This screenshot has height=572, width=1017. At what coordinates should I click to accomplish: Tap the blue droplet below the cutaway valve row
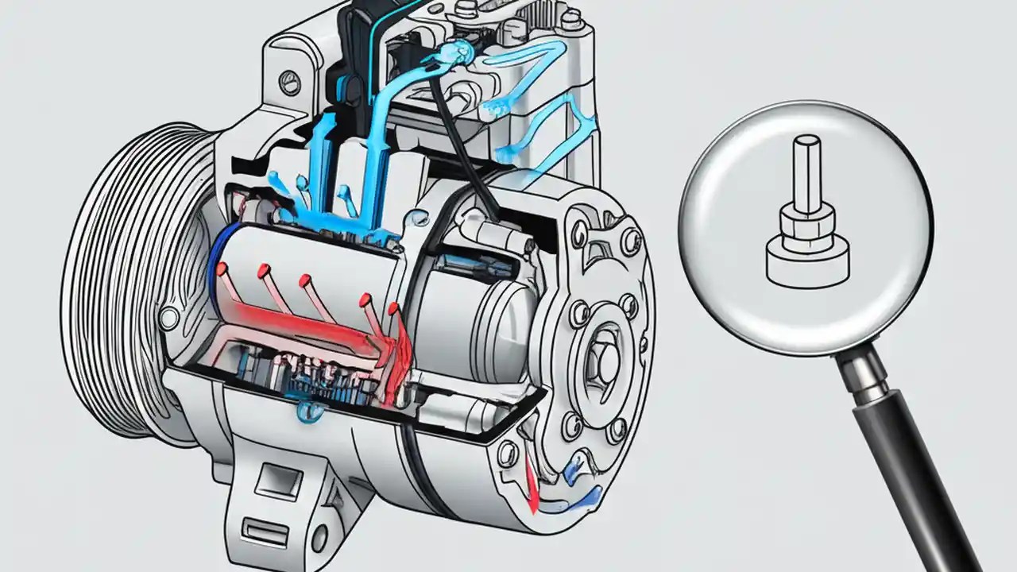coord(304,410)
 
